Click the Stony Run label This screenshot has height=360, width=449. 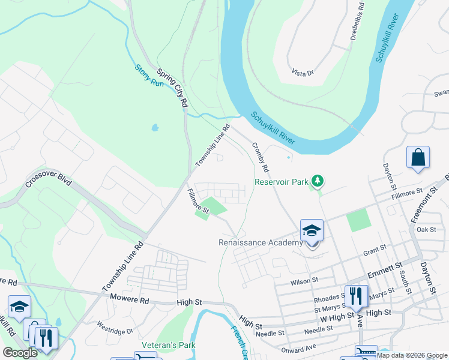coord(149,76)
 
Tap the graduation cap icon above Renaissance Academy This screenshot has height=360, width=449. coord(312,230)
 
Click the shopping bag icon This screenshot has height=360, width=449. coord(418,158)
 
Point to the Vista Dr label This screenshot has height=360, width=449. coord(303,73)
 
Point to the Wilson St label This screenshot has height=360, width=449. coord(304,281)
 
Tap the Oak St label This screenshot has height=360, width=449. coord(426,229)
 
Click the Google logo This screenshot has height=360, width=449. coord(20,353)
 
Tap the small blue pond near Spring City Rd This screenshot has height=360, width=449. coord(155,128)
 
